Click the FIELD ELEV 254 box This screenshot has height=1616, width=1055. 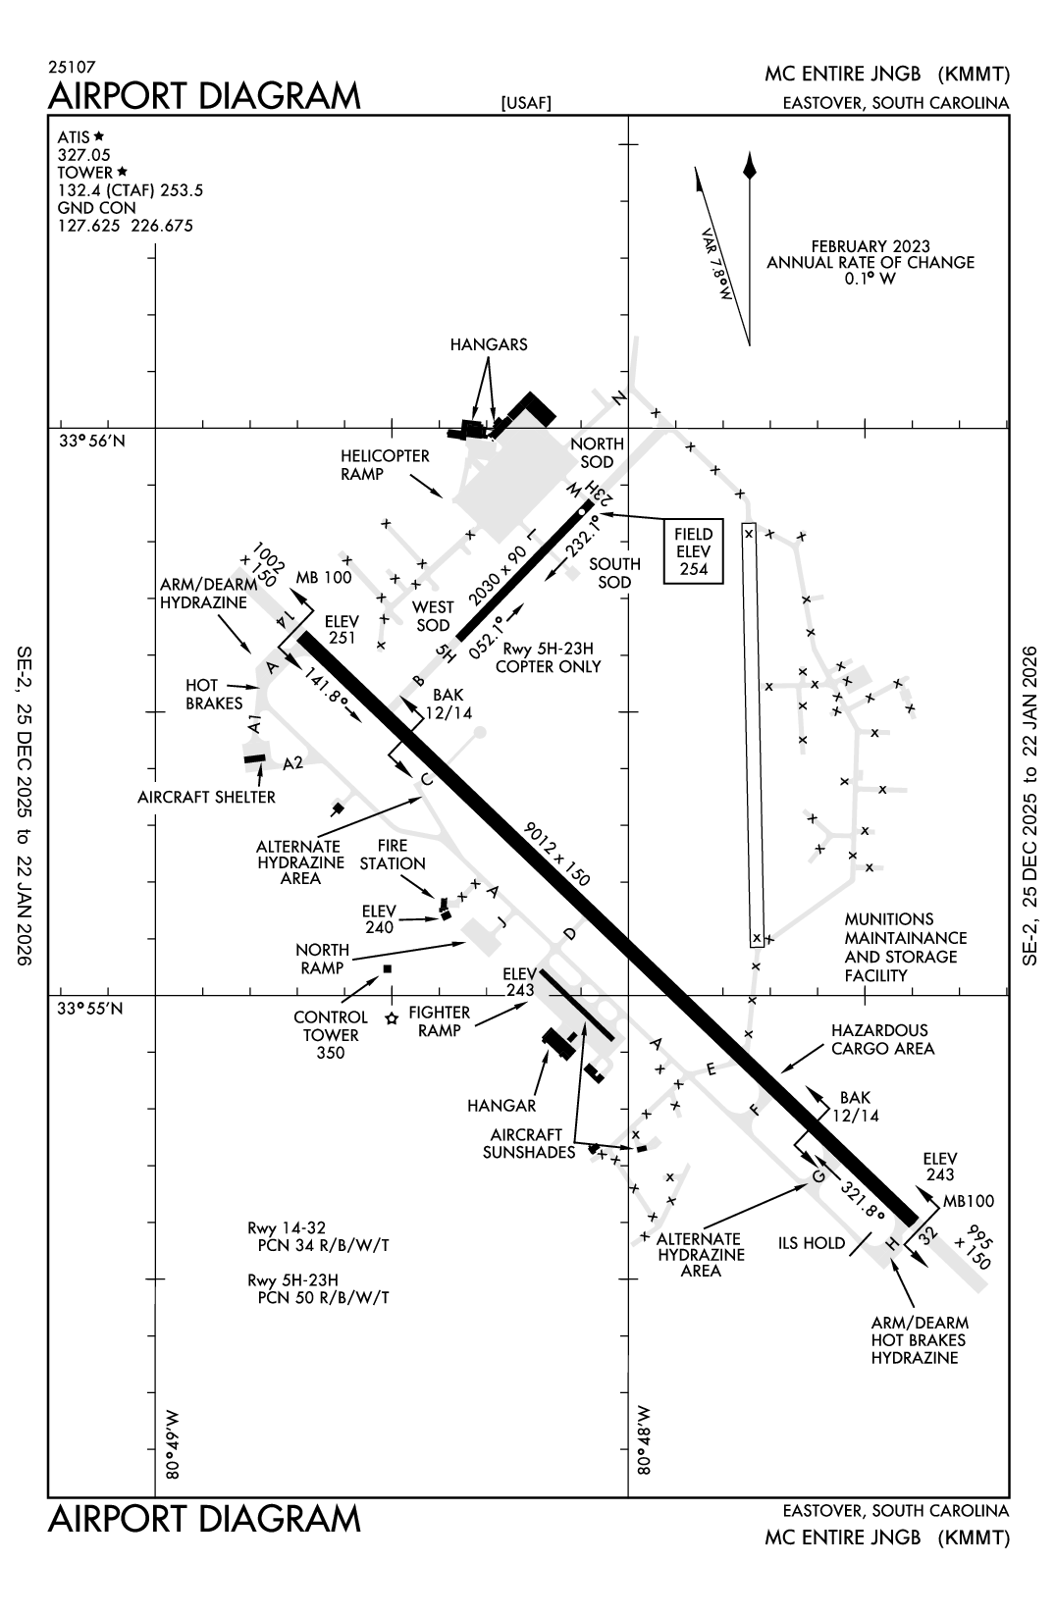pyautogui.click(x=693, y=551)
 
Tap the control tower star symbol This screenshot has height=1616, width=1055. pyautogui.click(x=392, y=1018)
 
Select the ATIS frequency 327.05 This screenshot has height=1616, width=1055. pyautogui.click(x=83, y=155)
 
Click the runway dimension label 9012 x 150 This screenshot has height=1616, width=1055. pyautogui.click(x=556, y=855)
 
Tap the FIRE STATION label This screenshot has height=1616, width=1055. pyautogui.click(x=393, y=854)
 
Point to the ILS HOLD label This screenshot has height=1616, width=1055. pyautogui.click(x=812, y=1243)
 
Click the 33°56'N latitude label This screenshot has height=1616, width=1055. pyautogui.click(x=92, y=441)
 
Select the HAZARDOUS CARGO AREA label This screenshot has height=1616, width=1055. pyautogui.click(x=881, y=1039)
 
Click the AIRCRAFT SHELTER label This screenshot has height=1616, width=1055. pyautogui.click(x=206, y=797)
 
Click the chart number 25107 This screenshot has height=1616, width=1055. pyautogui.click(x=72, y=69)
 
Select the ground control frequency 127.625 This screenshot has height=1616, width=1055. pyautogui.click(x=88, y=226)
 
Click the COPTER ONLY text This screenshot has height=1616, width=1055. pyautogui.click(x=548, y=666)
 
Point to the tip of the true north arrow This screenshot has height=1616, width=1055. pyautogui.click(x=750, y=154)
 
